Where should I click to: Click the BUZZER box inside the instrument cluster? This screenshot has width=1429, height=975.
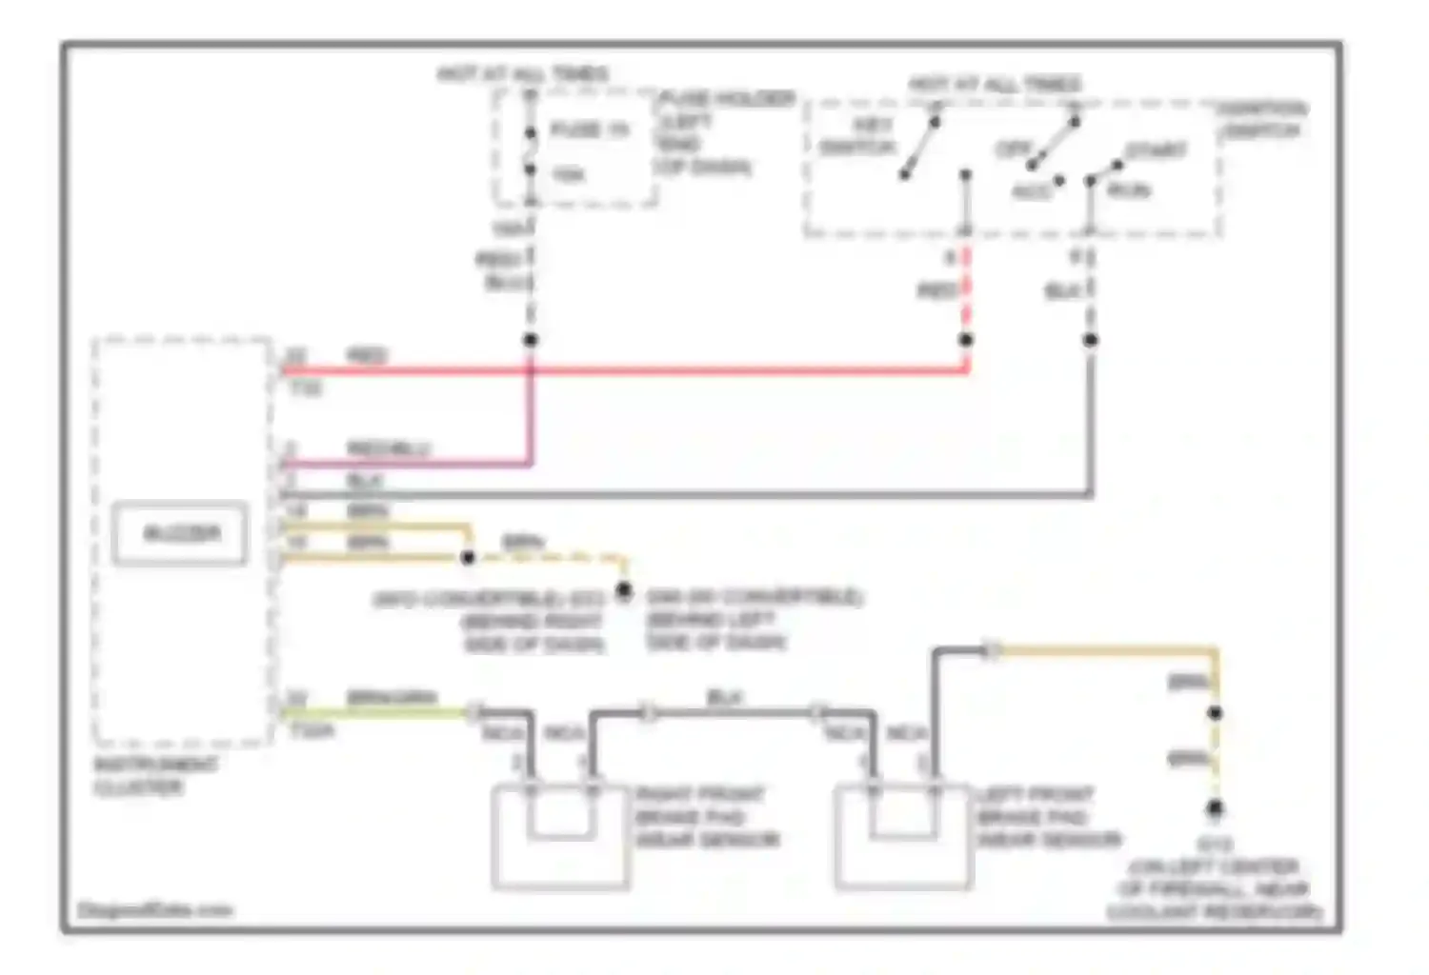click(x=181, y=534)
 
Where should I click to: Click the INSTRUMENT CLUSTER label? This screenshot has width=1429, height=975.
click(x=155, y=776)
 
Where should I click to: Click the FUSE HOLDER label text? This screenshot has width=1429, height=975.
click(x=727, y=99)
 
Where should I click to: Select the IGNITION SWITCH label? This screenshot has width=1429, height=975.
click(x=1262, y=120)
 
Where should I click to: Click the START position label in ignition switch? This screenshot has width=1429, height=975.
click(x=1155, y=150)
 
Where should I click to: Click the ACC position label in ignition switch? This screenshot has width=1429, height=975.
click(x=1030, y=191)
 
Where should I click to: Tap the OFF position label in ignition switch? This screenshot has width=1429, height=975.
click(x=1014, y=149)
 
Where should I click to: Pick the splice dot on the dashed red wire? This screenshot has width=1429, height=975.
click(x=966, y=340)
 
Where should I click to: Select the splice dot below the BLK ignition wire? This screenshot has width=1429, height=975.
click(x=1091, y=340)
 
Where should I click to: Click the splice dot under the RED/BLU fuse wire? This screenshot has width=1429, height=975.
click(x=531, y=340)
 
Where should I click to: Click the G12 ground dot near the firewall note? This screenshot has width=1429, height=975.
click(x=1215, y=809)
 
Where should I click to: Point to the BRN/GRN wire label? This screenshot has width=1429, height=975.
click(x=392, y=698)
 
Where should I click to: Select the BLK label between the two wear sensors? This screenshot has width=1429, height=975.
click(x=724, y=698)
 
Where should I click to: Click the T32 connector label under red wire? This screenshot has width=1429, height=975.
click(x=306, y=388)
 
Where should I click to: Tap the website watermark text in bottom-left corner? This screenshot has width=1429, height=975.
click(x=155, y=910)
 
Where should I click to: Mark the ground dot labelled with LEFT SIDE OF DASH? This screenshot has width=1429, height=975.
click(x=624, y=591)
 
